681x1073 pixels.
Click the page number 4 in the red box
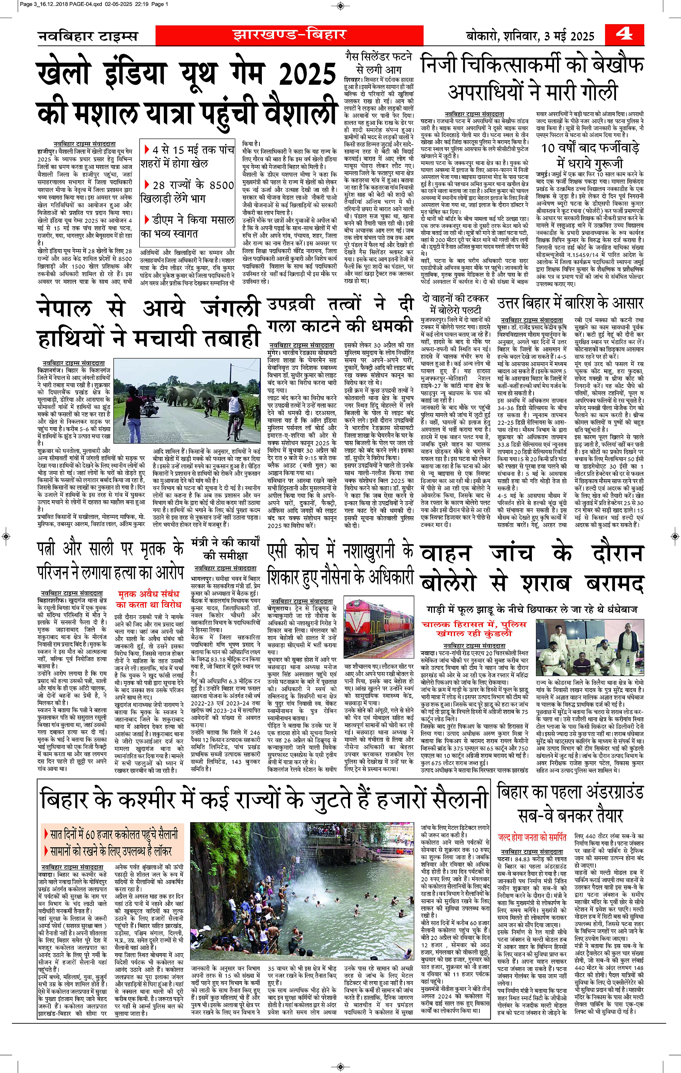pos(624,34)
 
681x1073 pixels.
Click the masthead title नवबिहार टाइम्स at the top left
pos(88,36)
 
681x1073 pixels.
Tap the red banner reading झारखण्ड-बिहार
pos(289,35)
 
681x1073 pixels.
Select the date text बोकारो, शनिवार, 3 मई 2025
pos(530,36)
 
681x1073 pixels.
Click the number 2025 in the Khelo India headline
pos(307,75)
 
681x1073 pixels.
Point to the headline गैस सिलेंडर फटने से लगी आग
pos(379,63)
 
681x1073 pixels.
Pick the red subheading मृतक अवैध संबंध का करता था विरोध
pos(149,599)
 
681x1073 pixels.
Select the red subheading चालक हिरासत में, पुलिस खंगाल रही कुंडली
pos(474,629)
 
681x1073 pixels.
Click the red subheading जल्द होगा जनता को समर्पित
pos(532,837)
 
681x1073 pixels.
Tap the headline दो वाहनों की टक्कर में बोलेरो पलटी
pos(455,304)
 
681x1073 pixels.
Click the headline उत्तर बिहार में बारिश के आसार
pos(570,304)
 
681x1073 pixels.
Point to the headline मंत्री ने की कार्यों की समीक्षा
pos(225,549)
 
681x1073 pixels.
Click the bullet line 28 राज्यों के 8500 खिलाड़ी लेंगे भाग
pos(187,192)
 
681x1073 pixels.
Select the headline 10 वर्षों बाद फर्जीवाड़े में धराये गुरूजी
pos(590,155)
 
